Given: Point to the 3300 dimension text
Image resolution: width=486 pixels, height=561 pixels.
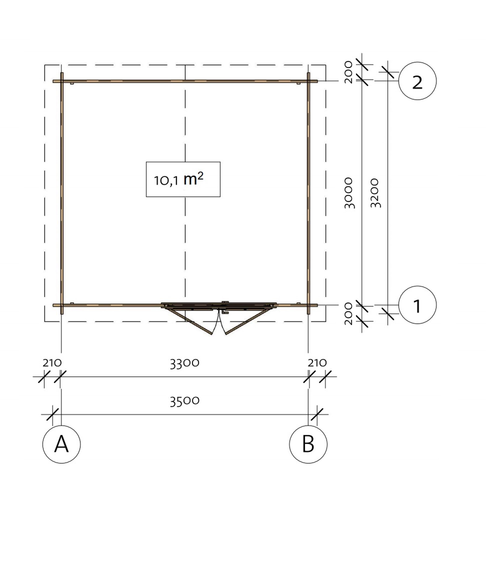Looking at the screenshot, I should (x=184, y=363).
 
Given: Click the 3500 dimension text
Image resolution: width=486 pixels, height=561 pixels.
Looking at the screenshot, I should (x=184, y=401).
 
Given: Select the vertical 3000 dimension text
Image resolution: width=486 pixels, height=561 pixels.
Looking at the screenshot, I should (x=349, y=193).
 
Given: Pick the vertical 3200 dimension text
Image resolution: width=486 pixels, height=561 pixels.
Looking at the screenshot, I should (x=376, y=193).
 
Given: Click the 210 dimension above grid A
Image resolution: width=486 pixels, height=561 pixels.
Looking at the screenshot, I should (x=52, y=363).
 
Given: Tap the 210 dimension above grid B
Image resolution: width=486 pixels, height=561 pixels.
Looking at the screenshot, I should (x=317, y=363).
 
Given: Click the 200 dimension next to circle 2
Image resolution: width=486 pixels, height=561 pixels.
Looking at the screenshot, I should (x=348, y=72).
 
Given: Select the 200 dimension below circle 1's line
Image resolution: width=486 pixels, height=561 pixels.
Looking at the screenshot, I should (x=348, y=314).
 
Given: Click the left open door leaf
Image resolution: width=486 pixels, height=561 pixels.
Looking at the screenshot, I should (x=190, y=321).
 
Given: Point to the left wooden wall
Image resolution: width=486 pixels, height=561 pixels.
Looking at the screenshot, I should (x=62, y=190).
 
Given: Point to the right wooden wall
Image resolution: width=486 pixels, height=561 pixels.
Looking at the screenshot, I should (x=308, y=190).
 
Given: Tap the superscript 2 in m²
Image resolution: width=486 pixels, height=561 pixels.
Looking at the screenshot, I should (x=200, y=176).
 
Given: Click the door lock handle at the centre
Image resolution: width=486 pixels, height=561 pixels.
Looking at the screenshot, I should (x=225, y=308).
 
